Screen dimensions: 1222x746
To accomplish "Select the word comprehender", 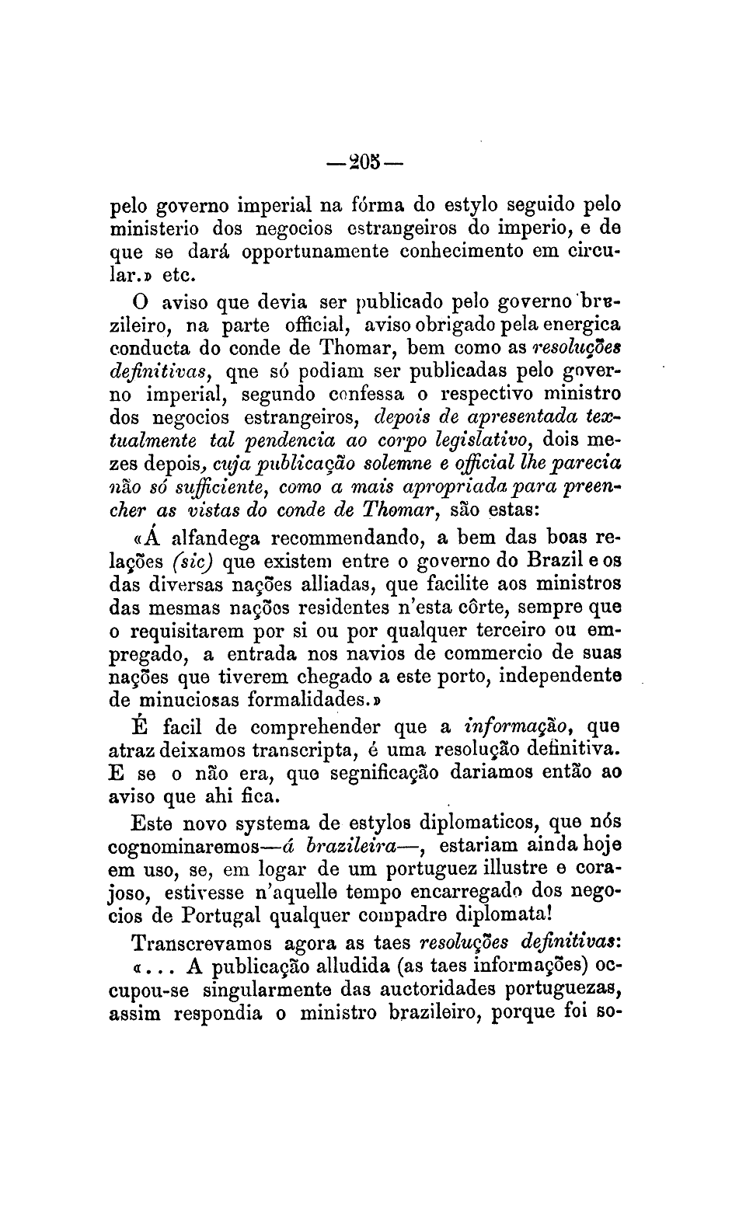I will click(306, 728).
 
